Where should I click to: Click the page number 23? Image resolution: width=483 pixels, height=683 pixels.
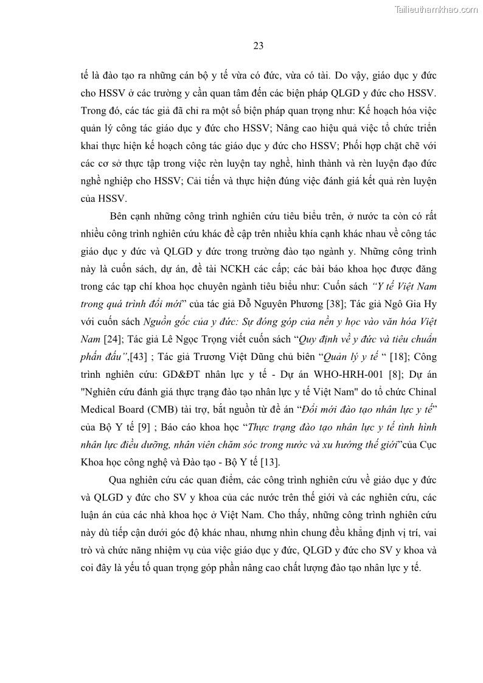coord(258,46)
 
